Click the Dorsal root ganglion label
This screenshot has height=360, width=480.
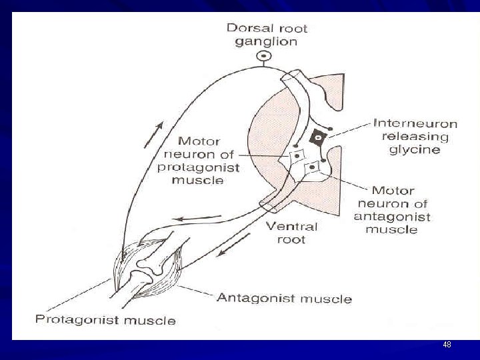pos(266,35)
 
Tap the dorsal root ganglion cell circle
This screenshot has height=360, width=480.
pos(265,57)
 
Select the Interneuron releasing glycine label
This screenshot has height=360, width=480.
pos(415,136)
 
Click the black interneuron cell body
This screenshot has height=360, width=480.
pos(319,137)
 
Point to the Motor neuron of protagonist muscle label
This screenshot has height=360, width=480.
pos(198,160)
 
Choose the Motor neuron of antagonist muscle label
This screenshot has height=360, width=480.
pos(393,210)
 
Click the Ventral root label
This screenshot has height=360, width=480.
pos(291,233)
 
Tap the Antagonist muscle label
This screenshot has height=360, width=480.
pos(284,297)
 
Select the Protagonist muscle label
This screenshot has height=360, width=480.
pos(105,320)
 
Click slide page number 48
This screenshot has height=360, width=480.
pos(447,345)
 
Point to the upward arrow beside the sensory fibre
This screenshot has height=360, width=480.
pos(152,135)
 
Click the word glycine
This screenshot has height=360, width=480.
pos(415,149)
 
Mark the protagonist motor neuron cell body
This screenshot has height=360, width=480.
pos(295,157)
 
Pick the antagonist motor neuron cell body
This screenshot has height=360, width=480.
pos(311,169)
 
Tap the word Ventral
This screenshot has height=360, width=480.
pos(291,226)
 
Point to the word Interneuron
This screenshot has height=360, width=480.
pos(415,123)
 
